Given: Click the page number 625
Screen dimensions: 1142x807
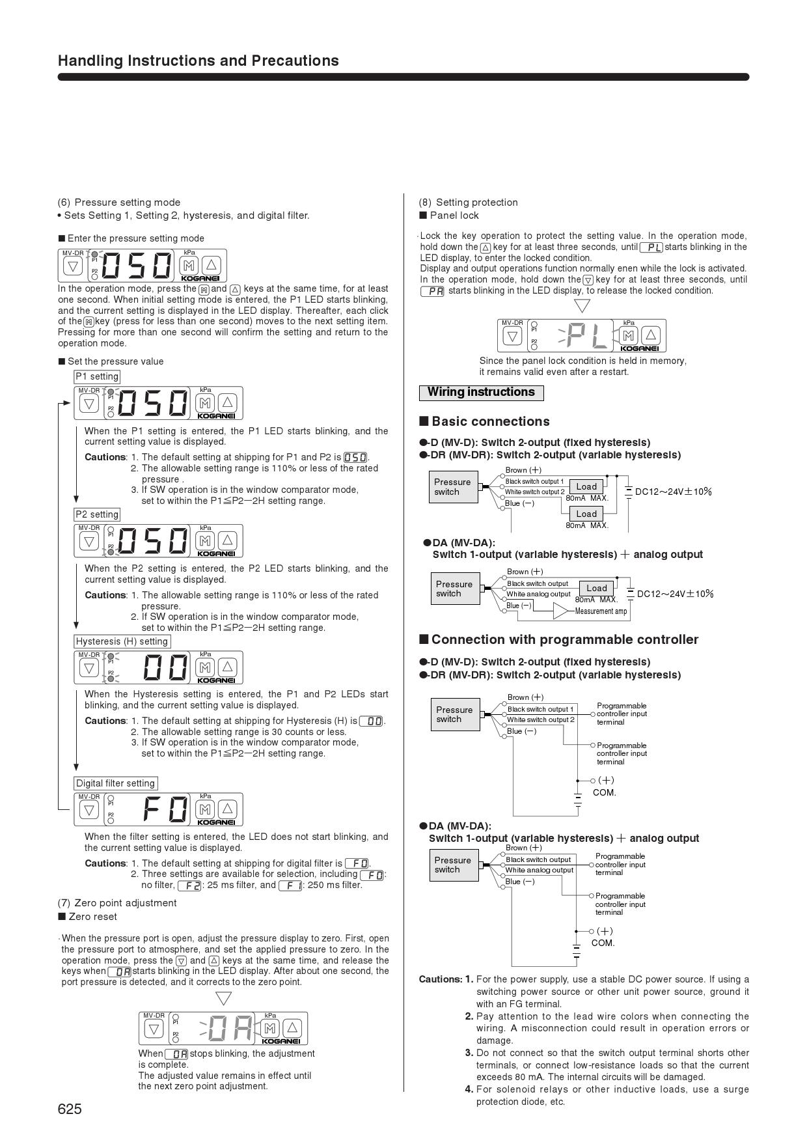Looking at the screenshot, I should click(70, 1109).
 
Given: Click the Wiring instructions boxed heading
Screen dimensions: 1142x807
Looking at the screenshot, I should click(481, 393).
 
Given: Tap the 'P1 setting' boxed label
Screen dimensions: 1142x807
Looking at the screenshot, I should click(97, 376).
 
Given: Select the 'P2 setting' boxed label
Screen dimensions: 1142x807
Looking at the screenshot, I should click(97, 514).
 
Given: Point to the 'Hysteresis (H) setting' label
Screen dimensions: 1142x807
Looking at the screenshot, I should click(122, 641).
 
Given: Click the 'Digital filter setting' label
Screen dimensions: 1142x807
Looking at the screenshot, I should click(115, 783).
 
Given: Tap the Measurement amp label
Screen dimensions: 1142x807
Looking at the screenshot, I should click(601, 611).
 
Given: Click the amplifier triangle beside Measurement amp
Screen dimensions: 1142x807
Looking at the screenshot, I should click(560, 611).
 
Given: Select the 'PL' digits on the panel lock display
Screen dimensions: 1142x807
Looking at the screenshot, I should click(586, 336).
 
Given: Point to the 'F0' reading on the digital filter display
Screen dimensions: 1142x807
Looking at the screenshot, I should click(165, 809).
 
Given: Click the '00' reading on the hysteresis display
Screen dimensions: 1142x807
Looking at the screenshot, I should click(165, 667).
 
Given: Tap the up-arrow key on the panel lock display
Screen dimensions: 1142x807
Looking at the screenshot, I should click(651, 335).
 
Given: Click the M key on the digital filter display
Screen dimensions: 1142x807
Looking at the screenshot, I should click(206, 809).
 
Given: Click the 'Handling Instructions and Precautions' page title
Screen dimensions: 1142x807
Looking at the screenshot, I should click(198, 61).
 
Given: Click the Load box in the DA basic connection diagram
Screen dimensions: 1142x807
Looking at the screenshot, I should click(596, 588).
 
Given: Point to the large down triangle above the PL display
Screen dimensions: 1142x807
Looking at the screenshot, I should click(582, 305).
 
